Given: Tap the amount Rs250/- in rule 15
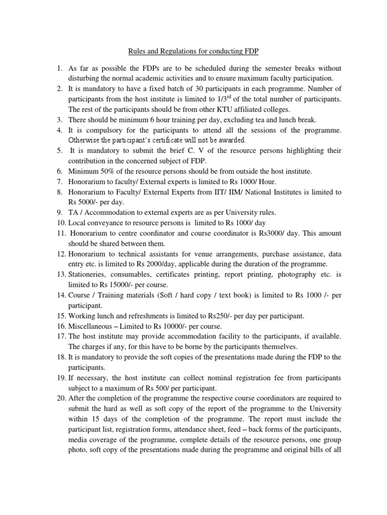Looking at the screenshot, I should coord(222,315).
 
